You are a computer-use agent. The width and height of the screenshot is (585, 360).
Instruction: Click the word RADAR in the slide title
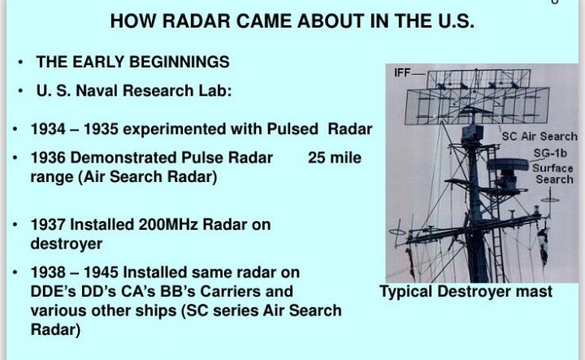(x=196, y=21)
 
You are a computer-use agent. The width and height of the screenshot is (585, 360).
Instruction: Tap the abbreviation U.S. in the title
(x=456, y=21)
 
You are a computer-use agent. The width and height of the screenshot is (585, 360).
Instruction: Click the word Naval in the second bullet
(x=97, y=91)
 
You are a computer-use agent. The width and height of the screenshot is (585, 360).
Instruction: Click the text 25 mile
(x=335, y=158)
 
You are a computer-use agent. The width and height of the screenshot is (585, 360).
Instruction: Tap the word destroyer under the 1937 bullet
(x=67, y=245)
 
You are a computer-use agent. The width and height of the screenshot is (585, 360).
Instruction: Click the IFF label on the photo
(x=402, y=73)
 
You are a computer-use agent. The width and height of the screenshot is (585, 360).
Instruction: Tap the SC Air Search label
(x=539, y=137)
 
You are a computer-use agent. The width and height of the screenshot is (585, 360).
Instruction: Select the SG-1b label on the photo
(x=550, y=154)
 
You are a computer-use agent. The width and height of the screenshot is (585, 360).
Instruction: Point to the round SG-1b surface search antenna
(x=508, y=165)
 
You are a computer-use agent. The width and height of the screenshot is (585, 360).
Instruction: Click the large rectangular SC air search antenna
(x=477, y=106)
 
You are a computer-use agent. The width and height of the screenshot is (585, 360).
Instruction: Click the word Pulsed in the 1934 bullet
(x=292, y=129)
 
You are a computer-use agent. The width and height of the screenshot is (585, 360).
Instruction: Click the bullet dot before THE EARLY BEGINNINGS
(x=20, y=63)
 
